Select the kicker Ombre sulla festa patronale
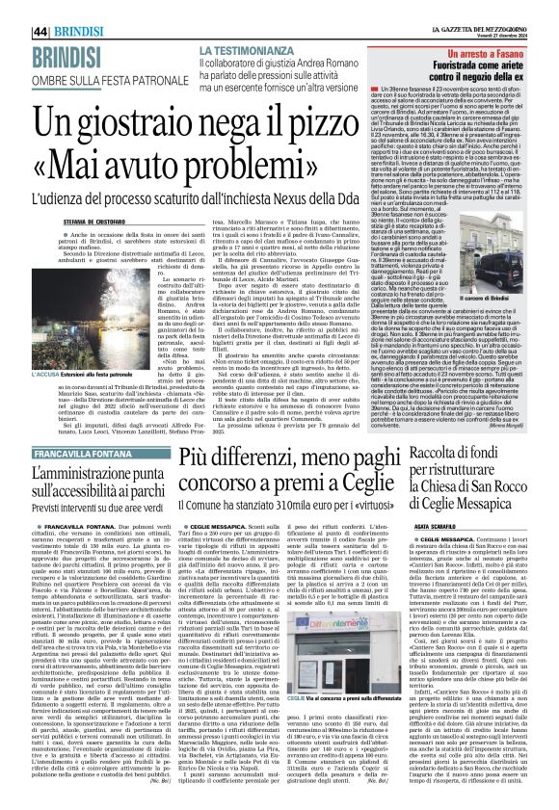pyautogui.click(x=76, y=48)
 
